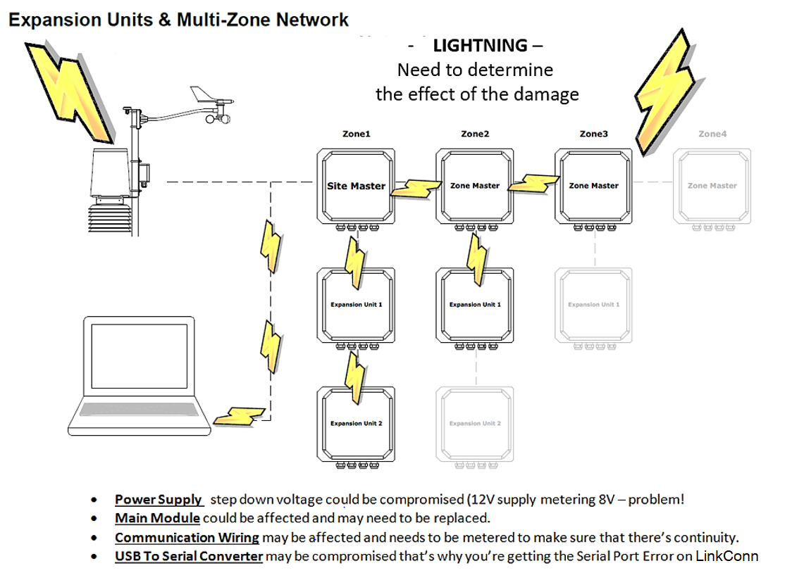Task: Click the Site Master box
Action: (x=356, y=186)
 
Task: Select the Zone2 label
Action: (x=474, y=134)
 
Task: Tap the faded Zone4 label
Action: (x=712, y=134)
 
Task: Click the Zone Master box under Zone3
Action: (x=593, y=186)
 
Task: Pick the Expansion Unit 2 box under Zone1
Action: (x=356, y=423)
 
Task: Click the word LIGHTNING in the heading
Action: (x=480, y=46)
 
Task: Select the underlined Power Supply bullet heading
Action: (x=159, y=500)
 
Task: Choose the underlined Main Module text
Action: (x=157, y=519)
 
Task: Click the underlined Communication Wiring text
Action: (x=187, y=538)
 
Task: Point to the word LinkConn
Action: (x=726, y=556)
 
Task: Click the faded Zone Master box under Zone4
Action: (x=712, y=186)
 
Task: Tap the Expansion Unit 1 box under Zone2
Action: (x=474, y=304)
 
